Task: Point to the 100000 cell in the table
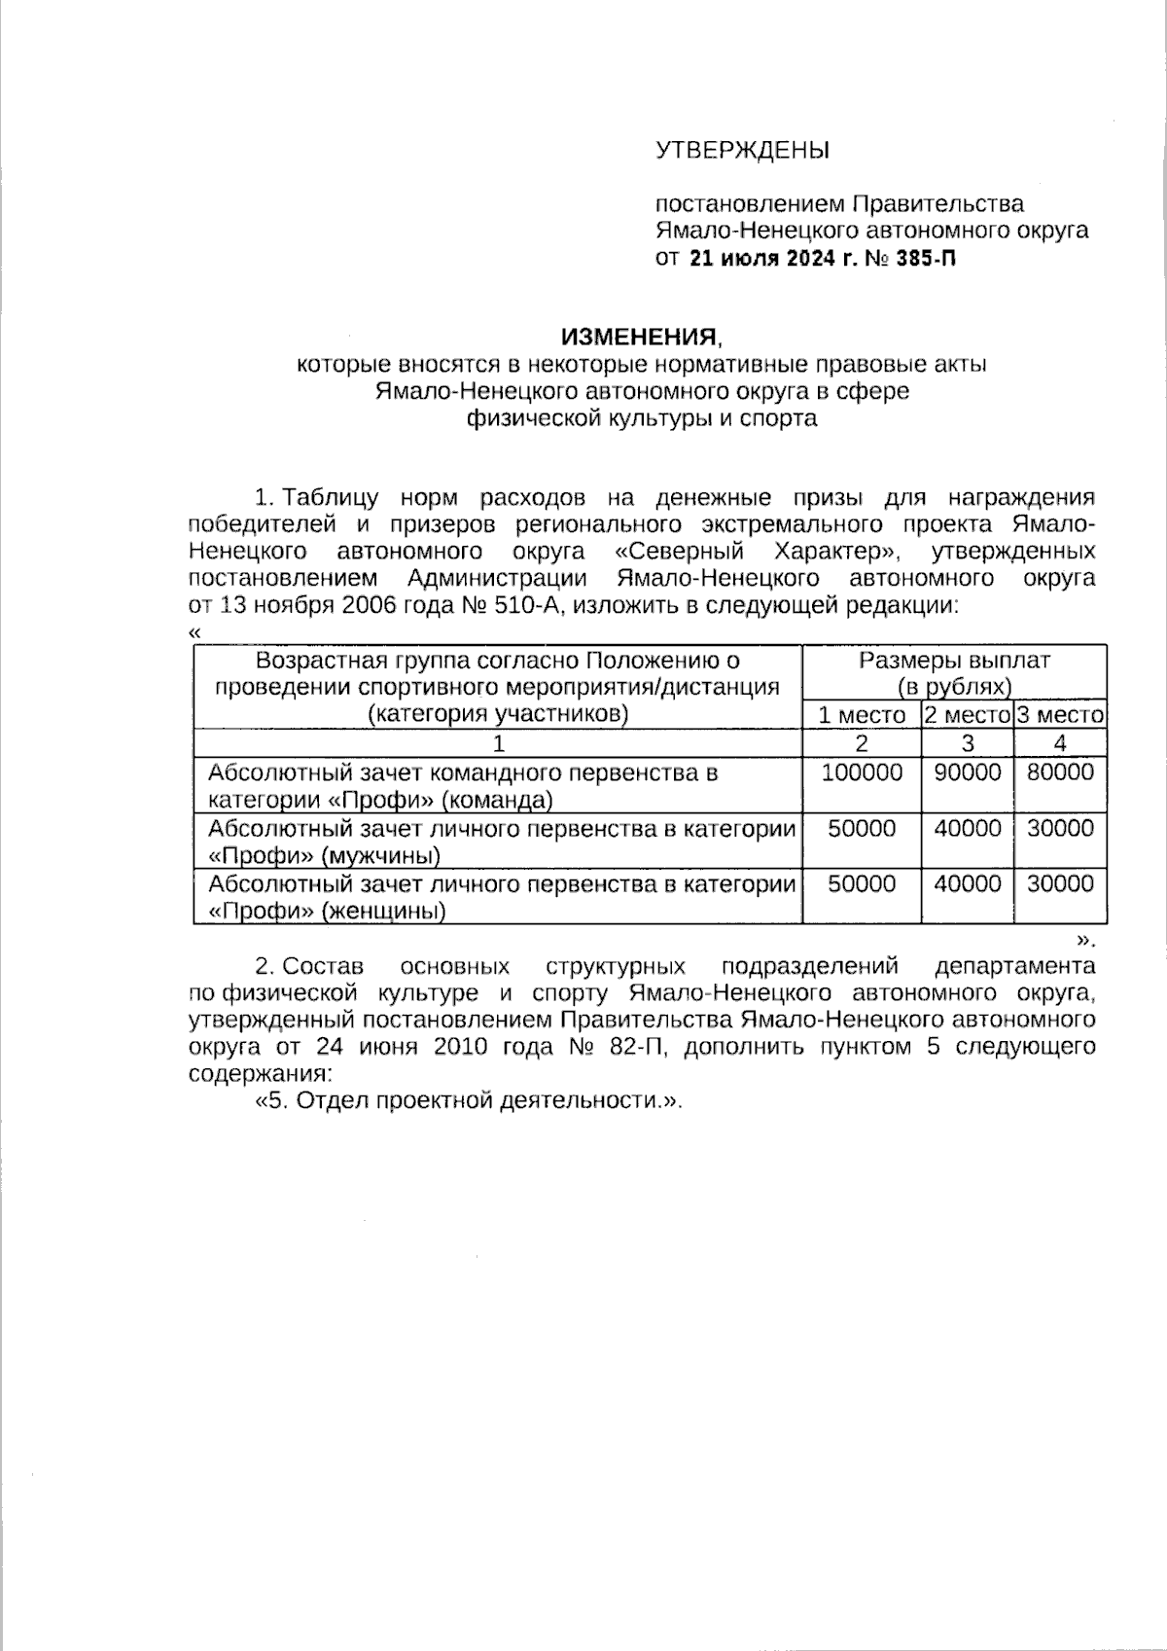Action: click(x=861, y=772)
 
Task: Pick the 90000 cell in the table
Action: click(x=967, y=772)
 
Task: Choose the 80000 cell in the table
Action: click(x=1060, y=772)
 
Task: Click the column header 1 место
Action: click(x=861, y=716)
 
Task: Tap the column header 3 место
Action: click(x=1060, y=716)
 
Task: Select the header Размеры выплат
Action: click(x=954, y=661)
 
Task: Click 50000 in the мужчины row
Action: click(x=861, y=828)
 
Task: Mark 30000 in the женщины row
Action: click(x=1060, y=883)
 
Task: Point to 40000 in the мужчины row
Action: click(x=967, y=828)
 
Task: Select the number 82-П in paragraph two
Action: click(x=639, y=1048)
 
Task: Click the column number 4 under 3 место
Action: click(x=1060, y=744)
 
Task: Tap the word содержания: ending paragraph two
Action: click(x=259, y=1075)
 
